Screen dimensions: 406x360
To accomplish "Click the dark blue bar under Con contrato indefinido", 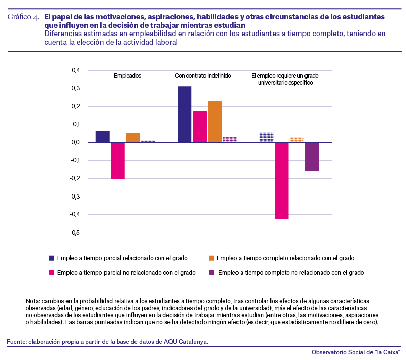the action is [x=184, y=114].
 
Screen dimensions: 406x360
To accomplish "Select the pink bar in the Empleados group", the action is [x=118, y=160].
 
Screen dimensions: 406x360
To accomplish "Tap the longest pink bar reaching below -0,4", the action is [x=282, y=181].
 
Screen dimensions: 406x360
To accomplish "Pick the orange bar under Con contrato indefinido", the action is [x=215, y=121].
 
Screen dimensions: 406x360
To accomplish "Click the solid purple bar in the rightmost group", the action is [x=312, y=156].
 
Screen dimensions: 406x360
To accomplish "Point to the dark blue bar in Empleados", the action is [x=103, y=137].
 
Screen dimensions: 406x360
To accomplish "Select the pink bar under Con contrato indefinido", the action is [x=199, y=126].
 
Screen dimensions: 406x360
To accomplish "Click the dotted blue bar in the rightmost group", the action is [x=266, y=137].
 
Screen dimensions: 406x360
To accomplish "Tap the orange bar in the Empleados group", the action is [x=133, y=138].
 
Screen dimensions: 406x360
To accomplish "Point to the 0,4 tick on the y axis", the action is [x=76, y=70].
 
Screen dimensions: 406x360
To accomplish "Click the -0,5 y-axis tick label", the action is [x=75, y=233].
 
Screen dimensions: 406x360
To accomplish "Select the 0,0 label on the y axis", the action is [x=76, y=142].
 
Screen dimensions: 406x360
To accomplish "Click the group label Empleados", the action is [x=127, y=76].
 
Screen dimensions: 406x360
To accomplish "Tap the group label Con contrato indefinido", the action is [x=202, y=76].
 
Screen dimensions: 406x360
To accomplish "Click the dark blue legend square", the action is [x=52, y=258].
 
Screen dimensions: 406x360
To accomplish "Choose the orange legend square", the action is [x=211, y=258].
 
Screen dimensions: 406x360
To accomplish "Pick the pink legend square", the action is [x=52, y=273].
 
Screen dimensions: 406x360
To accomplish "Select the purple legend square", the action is [x=211, y=273].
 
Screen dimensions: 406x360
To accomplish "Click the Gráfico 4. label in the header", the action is [x=23, y=17].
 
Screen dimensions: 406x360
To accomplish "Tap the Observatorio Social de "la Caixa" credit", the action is [x=356, y=352].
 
